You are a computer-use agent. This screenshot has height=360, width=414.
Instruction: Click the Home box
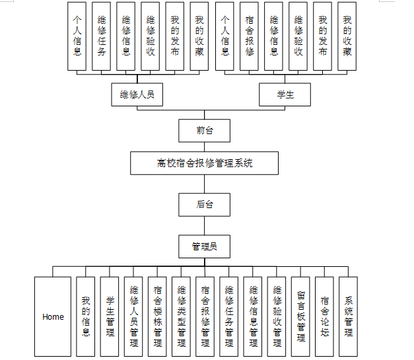pos(53,316)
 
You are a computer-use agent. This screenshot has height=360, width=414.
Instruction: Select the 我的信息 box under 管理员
pos(86,316)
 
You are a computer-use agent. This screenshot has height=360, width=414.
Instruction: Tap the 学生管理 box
pos(110,316)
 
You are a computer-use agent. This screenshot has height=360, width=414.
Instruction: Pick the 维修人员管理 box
pos(133,316)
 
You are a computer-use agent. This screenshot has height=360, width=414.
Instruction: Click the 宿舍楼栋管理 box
pos(157,316)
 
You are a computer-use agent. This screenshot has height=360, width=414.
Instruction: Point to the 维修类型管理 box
pos(181,316)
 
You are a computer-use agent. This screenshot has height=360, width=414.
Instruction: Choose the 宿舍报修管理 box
pos(205,316)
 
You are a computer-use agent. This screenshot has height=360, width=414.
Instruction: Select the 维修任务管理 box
pos(229,316)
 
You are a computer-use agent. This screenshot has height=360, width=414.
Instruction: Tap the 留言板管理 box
pos(300,316)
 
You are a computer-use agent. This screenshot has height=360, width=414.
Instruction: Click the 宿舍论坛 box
pos(324,316)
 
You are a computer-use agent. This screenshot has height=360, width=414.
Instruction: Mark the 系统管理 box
pos(348,316)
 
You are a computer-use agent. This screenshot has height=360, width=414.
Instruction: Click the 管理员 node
pos(205,246)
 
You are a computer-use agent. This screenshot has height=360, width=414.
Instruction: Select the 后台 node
pos(205,204)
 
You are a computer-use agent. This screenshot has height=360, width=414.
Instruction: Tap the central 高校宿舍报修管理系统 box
pos(205,163)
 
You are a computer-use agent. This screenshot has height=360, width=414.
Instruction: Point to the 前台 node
pos(205,130)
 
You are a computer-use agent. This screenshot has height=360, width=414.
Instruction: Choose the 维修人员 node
pos(137,94)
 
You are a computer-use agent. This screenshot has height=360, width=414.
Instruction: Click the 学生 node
pos(285,94)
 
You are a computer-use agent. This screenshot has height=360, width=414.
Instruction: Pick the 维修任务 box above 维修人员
pos(102,36)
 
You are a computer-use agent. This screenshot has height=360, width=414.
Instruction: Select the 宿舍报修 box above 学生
pos(250,36)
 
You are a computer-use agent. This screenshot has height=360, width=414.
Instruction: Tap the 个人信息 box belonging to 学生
pos(226,36)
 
